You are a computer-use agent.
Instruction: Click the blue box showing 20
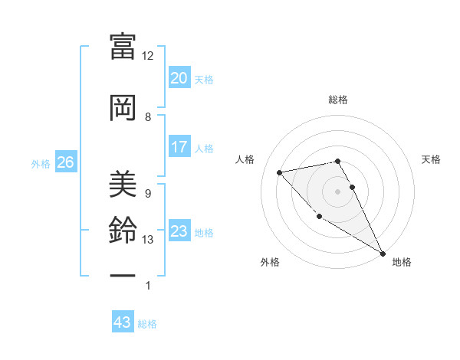(179, 77)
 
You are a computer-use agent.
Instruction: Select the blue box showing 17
(179, 147)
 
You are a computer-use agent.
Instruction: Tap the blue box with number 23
(179, 231)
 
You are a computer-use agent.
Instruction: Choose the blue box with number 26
(65, 162)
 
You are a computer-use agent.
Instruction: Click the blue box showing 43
(122, 322)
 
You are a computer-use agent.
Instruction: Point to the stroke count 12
(147, 56)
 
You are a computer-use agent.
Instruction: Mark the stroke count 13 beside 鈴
(148, 240)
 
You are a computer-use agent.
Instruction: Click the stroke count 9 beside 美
(148, 193)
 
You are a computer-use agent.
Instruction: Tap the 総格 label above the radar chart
(337, 100)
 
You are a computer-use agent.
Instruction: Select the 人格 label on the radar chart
(245, 159)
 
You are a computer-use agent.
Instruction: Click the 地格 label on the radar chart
(402, 262)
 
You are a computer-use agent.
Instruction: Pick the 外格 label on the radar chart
(270, 262)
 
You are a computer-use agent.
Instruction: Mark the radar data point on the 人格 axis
(280, 172)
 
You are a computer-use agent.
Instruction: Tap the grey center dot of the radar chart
(337, 191)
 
